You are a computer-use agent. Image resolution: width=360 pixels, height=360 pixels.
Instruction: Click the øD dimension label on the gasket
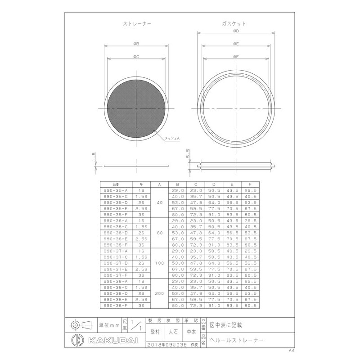(236, 31)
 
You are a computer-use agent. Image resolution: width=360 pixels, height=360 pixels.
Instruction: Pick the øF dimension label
(236, 57)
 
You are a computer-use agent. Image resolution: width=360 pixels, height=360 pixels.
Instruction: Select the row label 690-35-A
(116, 190)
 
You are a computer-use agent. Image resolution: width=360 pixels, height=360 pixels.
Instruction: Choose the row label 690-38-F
(116, 306)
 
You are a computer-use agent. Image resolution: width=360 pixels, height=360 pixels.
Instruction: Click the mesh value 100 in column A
(159, 263)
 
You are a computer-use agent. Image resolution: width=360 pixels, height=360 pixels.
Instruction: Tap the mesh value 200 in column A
(159, 293)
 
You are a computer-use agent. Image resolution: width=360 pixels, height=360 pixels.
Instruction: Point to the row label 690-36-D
(116, 233)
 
